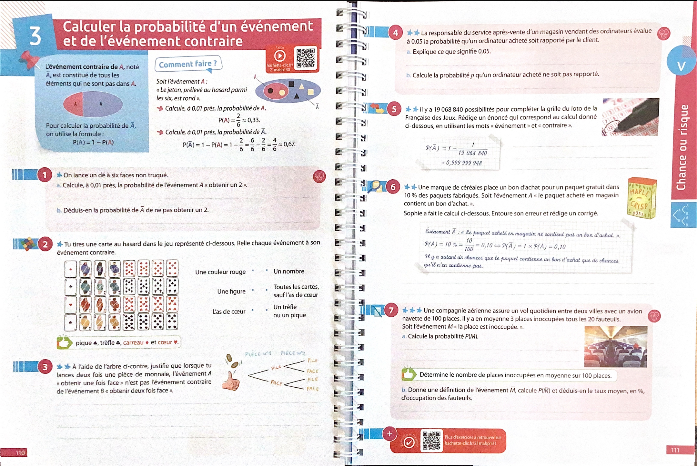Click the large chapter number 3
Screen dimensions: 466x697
pyautogui.click(x=35, y=36)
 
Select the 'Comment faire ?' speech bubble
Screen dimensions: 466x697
pyautogui.click(x=188, y=64)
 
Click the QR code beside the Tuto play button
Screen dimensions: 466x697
pyautogui.click(x=305, y=58)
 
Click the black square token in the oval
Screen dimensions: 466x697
pyautogui.click(x=291, y=84)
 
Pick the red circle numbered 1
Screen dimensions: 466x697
pyautogui.click(x=45, y=175)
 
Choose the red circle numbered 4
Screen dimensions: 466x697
pyautogui.click(x=396, y=33)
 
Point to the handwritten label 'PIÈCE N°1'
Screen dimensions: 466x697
pyautogui.click(x=258, y=354)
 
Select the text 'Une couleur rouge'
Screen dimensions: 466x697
pyautogui.click(x=220, y=272)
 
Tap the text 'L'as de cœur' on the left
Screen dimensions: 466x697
pyautogui.click(x=229, y=312)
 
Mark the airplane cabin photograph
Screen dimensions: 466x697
pyautogui.click(x=615, y=347)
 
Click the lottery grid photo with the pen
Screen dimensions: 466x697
pyautogui.click(x=630, y=117)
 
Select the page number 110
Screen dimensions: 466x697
pyautogui.click(x=20, y=453)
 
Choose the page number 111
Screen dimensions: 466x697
pyautogui.click(x=675, y=450)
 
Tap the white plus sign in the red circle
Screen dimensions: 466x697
pyautogui.click(x=389, y=434)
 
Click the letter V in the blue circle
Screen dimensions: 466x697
pyautogui.click(x=681, y=66)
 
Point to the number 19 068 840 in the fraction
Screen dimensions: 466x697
pyautogui.click(x=472, y=153)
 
